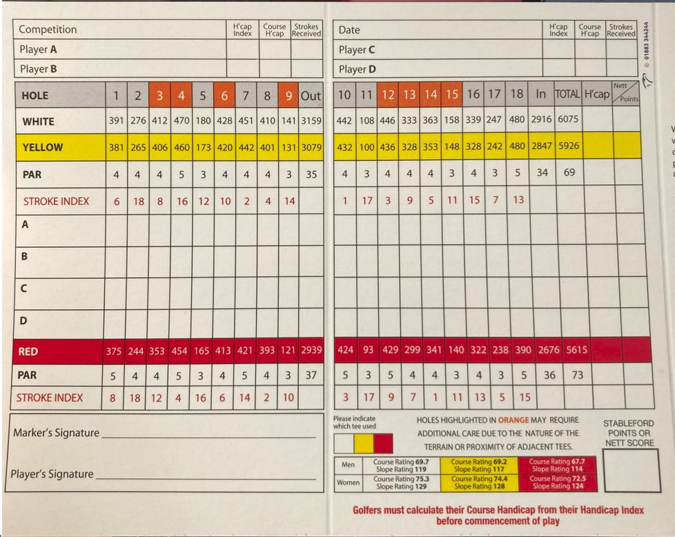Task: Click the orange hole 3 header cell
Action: (x=159, y=96)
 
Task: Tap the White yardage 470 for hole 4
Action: (x=181, y=121)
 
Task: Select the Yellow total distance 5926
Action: (x=569, y=146)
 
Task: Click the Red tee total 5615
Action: (x=577, y=350)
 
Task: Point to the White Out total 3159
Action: (x=311, y=121)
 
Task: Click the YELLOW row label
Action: (x=42, y=147)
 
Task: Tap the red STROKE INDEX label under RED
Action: (x=49, y=398)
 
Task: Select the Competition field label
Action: (x=48, y=30)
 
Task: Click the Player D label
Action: (x=357, y=69)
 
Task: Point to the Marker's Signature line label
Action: (x=56, y=433)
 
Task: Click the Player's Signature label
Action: (x=52, y=474)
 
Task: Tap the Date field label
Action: (x=349, y=30)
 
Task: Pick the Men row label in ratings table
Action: (x=349, y=465)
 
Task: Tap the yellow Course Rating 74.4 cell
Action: (x=478, y=482)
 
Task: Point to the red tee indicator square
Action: (x=382, y=443)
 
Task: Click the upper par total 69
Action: (x=569, y=173)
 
